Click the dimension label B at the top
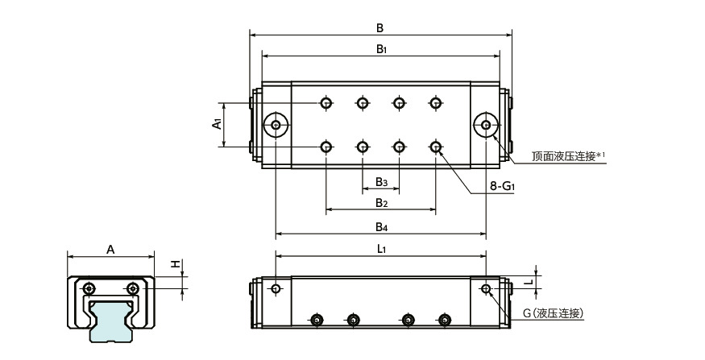380,27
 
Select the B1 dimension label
381,49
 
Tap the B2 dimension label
381,202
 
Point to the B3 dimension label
381,181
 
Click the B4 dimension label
381,226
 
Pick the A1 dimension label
216,124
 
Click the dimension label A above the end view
110,250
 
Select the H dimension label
173,264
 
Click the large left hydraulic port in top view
276,125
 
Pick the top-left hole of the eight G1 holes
326,103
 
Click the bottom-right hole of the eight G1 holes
436,147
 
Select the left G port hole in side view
276,288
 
